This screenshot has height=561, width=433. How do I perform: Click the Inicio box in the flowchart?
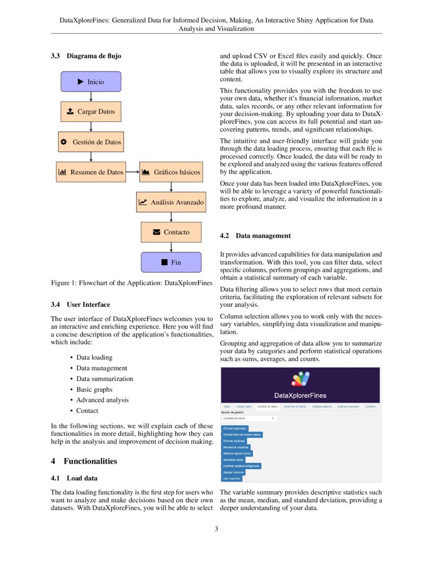[x=91, y=82]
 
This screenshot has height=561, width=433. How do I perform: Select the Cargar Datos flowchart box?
[x=91, y=112]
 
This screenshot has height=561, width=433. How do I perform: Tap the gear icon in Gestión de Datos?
[x=64, y=142]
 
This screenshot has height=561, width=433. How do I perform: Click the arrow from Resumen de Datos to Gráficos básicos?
[x=132, y=172]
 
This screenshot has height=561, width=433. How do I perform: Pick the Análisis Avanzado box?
[x=171, y=202]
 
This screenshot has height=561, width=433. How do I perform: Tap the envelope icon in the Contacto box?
[x=156, y=232]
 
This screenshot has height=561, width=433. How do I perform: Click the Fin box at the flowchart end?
[x=171, y=262]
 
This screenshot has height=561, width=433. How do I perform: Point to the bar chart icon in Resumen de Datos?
[x=63, y=172]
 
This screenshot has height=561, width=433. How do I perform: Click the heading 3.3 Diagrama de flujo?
[x=86, y=56]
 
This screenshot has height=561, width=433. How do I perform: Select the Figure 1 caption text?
[x=131, y=283]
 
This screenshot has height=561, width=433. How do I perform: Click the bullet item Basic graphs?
[x=94, y=390]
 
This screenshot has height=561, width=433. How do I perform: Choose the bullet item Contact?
[x=87, y=411]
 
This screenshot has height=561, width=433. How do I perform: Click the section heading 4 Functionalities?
[x=84, y=461]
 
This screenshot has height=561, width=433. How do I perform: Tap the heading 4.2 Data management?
[x=255, y=236]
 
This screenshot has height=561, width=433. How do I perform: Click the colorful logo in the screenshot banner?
[x=300, y=379]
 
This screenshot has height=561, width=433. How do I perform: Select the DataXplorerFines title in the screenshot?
[x=300, y=395]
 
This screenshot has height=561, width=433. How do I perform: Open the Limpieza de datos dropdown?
[x=249, y=418]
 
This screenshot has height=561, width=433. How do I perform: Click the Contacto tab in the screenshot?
[x=370, y=406]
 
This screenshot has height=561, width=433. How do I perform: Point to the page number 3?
[x=216, y=529]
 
